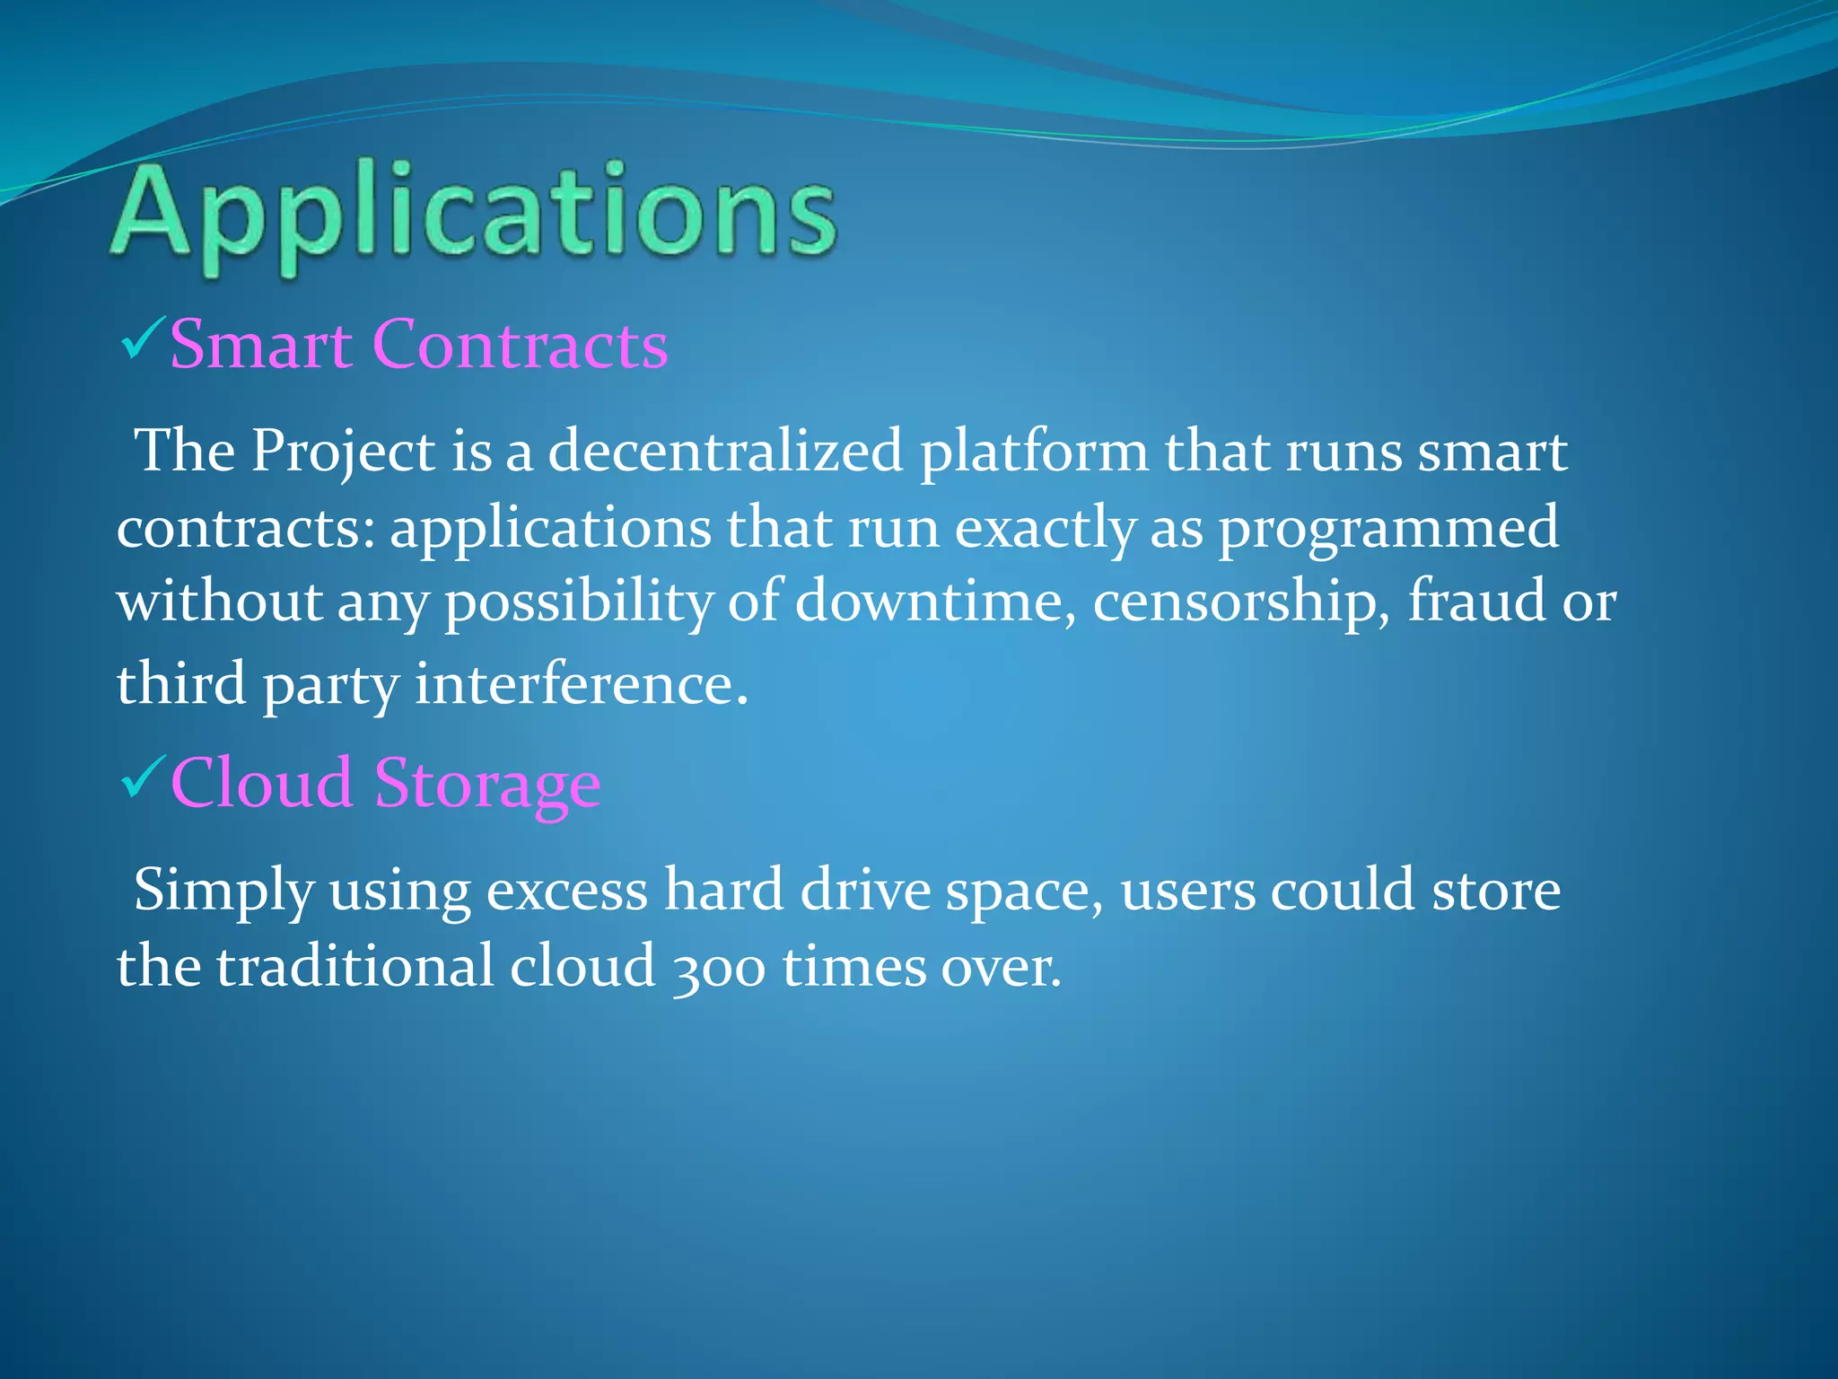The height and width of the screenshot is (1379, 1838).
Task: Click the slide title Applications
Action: tap(474, 215)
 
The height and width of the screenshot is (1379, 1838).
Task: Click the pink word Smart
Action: tap(260, 345)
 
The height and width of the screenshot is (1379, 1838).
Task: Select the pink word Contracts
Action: tap(520, 345)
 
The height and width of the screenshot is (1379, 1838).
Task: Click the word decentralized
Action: tap(725, 450)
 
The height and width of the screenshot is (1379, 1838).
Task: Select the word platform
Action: tap(1034, 452)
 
